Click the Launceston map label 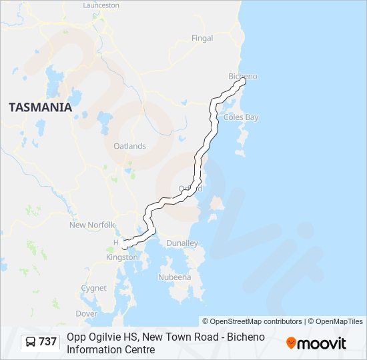[x=101, y=5]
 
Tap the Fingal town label [x=202, y=39]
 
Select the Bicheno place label [x=242, y=76]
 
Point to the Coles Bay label [x=242, y=117]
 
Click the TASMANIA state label [x=40, y=107]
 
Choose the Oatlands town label [x=129, y=146]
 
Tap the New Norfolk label [x=93, y=225]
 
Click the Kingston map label [x=122, y=257]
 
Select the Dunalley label [x=182, y=243]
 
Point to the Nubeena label [x=175, y=277]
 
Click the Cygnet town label [x=93, y=288]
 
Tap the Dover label [x=86, y=313]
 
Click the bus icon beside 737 [x=31, y=342]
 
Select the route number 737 [x=48, y=342]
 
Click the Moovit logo [x=316, y=343]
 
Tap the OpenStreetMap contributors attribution [x=252, y=321]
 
